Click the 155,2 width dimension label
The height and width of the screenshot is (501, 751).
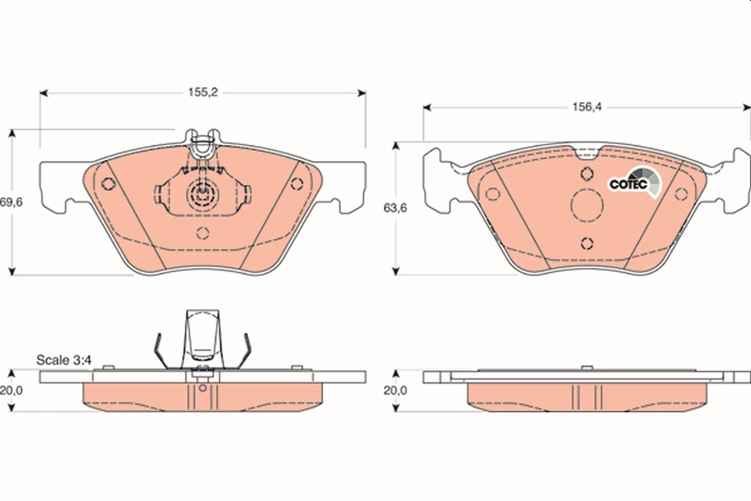[x=203, y=93]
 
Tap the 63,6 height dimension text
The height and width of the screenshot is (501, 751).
[x=394, y=209]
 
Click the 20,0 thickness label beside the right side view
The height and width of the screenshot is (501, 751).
[x=395, y=390]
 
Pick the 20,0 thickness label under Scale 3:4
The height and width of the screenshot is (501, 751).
[x=11, y=390]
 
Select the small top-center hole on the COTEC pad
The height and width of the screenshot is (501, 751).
[x=586, y=174]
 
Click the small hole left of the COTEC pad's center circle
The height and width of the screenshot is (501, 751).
[x=493, y=194]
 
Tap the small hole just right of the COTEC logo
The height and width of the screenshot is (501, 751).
[x=681, y=194]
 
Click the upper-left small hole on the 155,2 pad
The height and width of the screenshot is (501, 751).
[x=108, y=184]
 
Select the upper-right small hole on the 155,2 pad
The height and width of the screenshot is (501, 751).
[x=297, y=184]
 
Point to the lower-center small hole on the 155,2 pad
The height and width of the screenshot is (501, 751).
[x=202, y=233]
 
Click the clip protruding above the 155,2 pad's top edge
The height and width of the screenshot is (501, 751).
[x=202, y=143]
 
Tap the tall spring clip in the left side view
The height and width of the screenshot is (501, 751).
[x=202, y=338]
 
